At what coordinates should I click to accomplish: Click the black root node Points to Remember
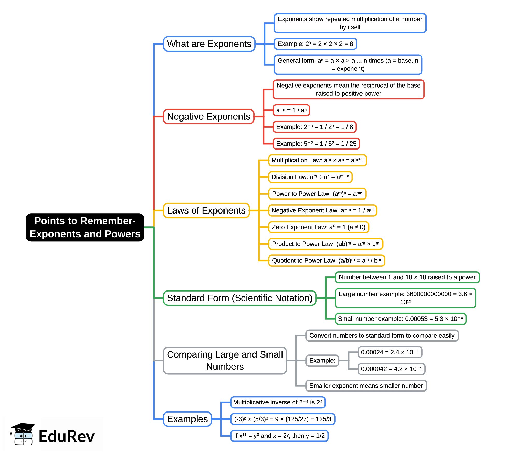(85, 227)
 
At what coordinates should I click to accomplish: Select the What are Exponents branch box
(209, 44)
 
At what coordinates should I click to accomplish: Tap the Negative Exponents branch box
(208, 117)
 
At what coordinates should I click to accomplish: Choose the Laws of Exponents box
(206, 210)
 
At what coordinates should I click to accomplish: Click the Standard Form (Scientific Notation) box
(240, 298)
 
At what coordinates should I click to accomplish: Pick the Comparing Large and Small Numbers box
(225, 360)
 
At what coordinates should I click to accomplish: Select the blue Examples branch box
(187, 419)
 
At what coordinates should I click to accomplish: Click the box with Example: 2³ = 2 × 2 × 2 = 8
(315, 44)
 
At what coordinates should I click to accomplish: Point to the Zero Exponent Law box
(318, 227)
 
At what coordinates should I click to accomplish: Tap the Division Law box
(310, 177)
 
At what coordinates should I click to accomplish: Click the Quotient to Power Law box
(326, 260)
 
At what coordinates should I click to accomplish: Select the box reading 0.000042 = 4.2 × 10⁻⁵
(391, 369)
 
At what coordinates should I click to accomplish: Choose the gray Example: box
(322, 360)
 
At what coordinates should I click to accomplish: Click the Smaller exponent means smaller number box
(366, 386)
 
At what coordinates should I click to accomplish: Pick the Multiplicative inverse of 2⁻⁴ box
(278, 402)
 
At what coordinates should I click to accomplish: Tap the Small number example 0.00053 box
(400, 319)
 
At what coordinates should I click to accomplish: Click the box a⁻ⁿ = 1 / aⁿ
(291, 110)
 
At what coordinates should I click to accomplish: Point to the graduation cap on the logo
(23, 428)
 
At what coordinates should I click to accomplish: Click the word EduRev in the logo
(67, 436)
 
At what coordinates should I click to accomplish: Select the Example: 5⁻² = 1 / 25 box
(316, 144)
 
